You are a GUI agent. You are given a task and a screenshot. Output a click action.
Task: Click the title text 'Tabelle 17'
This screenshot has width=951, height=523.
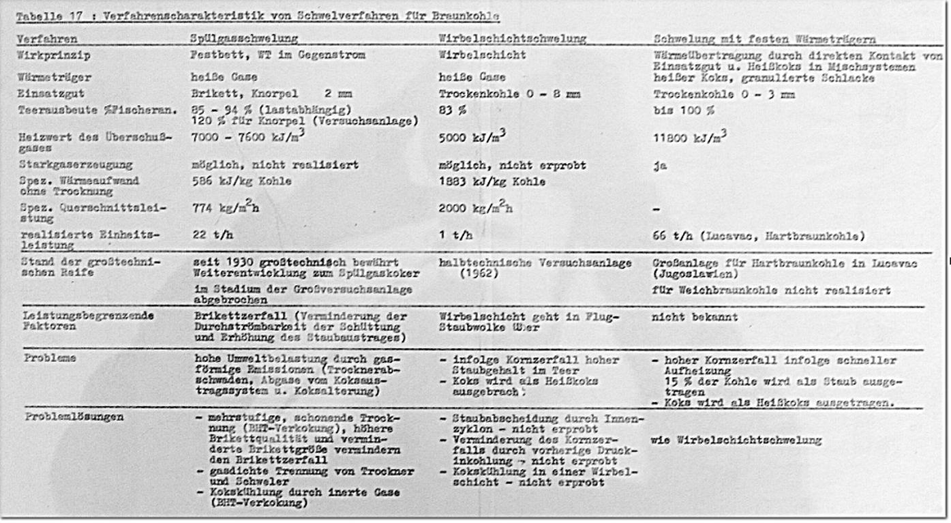(43, 16)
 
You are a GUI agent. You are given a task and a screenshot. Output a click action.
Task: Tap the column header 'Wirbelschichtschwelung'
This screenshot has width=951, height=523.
(512, 40)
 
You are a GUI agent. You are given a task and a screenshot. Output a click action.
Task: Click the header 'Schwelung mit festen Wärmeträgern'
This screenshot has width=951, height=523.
(764, 40)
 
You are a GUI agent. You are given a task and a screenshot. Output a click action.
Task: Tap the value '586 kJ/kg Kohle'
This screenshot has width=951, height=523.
(241, 182)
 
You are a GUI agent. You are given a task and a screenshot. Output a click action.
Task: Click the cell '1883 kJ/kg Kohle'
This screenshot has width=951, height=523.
(492, 182)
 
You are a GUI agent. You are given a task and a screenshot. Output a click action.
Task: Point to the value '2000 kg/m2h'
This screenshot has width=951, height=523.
(475, 209)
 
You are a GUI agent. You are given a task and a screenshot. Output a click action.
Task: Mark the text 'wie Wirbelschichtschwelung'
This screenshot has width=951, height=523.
(736, 440)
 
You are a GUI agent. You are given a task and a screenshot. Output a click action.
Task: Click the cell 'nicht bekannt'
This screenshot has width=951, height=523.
(695, 317)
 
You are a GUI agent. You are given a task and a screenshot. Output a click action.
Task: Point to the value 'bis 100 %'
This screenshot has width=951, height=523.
(684, 110)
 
